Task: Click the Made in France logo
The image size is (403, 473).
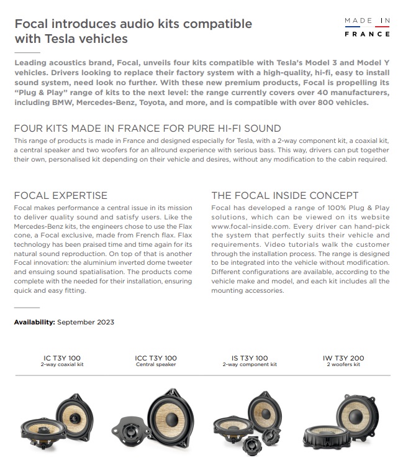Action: pyautogui.click(x=368, y=27)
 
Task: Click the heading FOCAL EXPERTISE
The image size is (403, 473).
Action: pyautogui.click(x=60, y=195)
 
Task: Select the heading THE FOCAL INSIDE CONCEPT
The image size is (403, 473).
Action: pyautogui.click(x=284, y=195)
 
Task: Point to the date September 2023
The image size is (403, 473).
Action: pyautogui.click(x=86, y=322)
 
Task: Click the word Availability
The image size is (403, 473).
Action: pyautogui.click(x=34, y=322)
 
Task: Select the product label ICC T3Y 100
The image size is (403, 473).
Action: pyautogui.click(x=156, y=358)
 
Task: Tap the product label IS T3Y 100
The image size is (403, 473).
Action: pyautogui.click(x=249, y=358)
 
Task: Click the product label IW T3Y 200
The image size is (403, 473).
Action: pyautogui.click(x=343, y=358)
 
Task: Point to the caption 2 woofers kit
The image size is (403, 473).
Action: pyautogui.click(x=343, y=365)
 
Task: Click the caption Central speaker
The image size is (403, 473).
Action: pyautogui.click(x=156, y=365)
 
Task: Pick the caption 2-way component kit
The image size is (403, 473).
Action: pyautogui.click(x=249, y=365)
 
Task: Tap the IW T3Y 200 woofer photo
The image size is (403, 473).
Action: pyautogui.click(x=343, y=423)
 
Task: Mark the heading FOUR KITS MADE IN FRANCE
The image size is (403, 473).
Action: pyautogui.click(x=147, y=129)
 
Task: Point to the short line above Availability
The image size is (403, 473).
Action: pyautogui.click(x=27, y=307)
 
